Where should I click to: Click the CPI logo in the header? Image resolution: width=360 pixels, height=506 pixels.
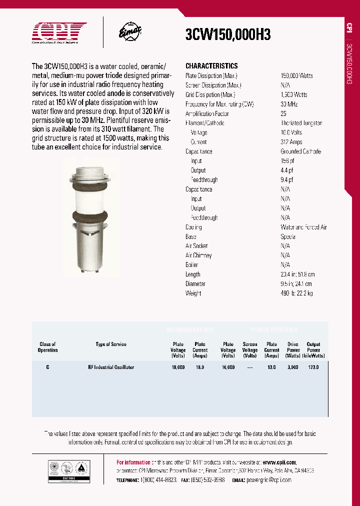59,33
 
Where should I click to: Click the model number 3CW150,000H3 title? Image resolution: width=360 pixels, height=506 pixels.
228,34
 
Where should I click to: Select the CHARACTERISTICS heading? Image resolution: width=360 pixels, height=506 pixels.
211,66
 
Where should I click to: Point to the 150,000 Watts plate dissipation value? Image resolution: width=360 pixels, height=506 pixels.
296,75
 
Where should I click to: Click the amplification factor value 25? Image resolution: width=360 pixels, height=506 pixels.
283,113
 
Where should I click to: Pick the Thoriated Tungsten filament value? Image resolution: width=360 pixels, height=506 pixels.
301,123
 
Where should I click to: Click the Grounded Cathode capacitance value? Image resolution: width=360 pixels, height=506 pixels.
300,151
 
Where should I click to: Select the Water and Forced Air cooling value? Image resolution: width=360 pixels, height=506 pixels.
303,227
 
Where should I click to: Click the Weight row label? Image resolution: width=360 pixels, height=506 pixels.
193,293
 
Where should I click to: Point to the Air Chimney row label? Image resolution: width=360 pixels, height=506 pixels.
198,255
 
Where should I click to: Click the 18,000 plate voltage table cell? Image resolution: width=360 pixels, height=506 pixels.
178,367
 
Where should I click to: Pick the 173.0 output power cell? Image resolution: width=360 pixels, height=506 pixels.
313,367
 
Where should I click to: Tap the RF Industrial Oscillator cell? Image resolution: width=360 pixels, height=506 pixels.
111,367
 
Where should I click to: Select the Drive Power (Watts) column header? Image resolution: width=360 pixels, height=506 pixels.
293,350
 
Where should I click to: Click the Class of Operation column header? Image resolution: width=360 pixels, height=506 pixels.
47,347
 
